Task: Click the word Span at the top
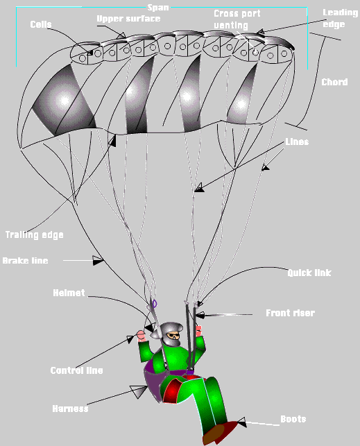[x=158, y=8]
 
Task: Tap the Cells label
[x=41, y=24]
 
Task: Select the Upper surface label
[x=128, y=19]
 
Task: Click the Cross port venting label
[x=237, y=19]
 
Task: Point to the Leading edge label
[x=340, y=18]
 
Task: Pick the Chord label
[x=334, y=83]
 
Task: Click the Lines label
[x=297, y=141]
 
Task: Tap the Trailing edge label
[x=35, y=235]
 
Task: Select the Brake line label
[x=25, y=261]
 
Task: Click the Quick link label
[x=309, y=273]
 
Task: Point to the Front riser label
[x=291, y=313]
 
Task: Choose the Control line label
[x=76, y=370]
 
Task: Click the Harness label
[x=70, y=409]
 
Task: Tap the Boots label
[x=293, y=419]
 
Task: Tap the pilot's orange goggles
[x=173, y=336]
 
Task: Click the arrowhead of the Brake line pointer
[x=98, y=260]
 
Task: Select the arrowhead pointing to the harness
[x=139, y=391]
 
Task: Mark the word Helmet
[x=69, y=293]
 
